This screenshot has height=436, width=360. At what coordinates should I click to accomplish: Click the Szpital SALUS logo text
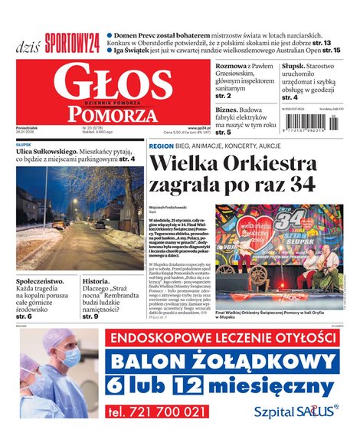tap(295, 411)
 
